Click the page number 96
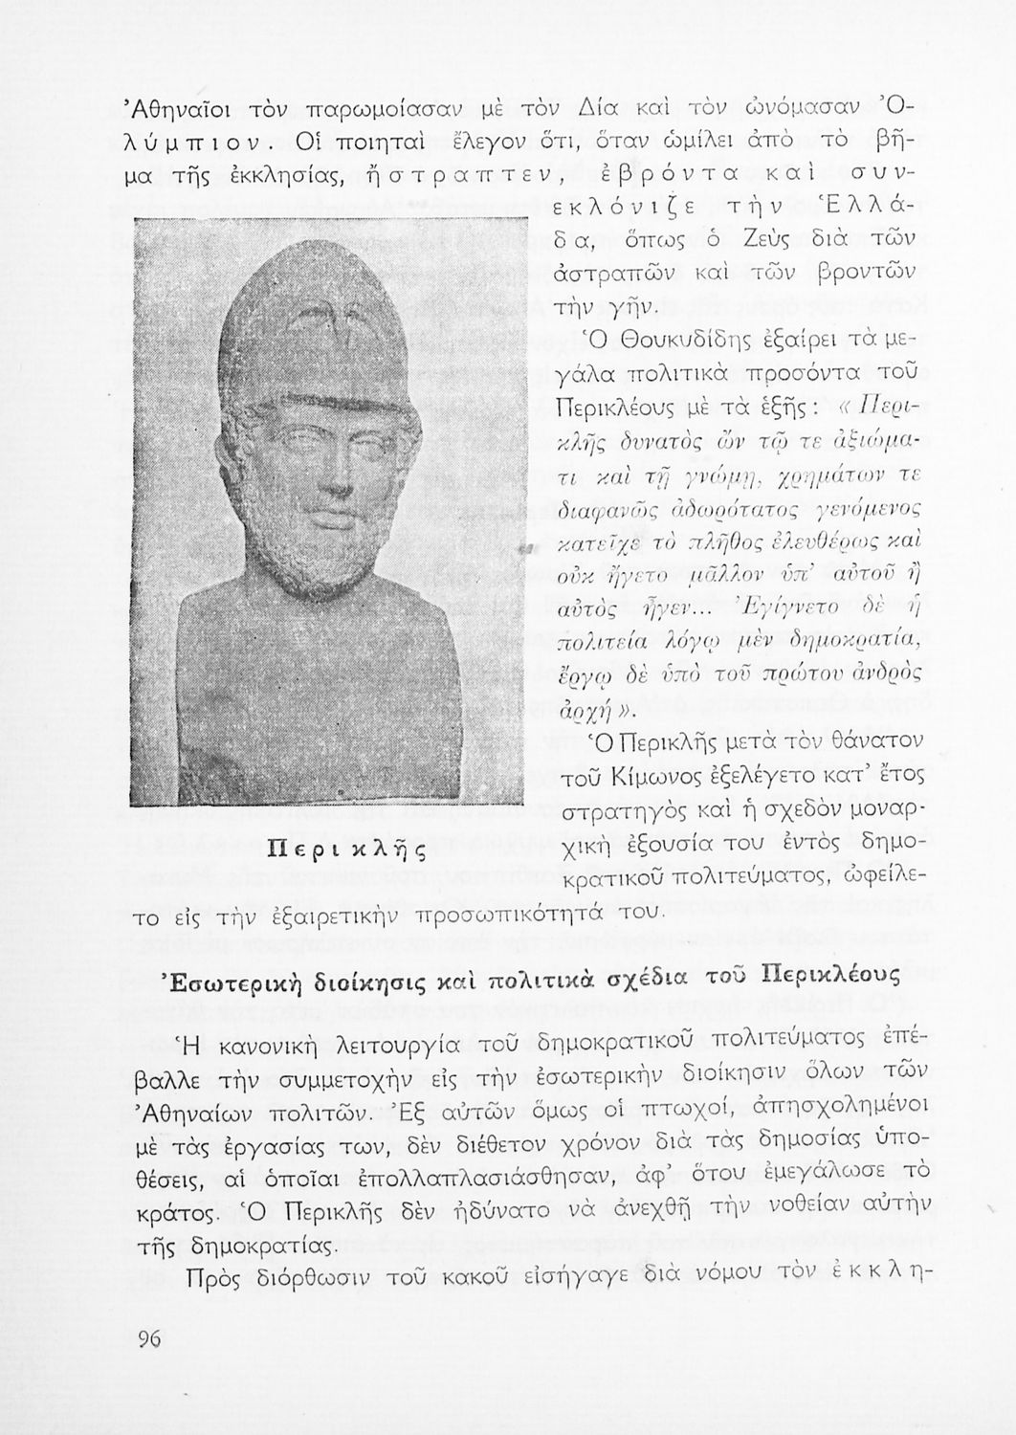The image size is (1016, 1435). pyautogui.click(x=148, y=1339)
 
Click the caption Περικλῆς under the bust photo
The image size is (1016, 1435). pyautogui.click(x=330, y=848)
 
